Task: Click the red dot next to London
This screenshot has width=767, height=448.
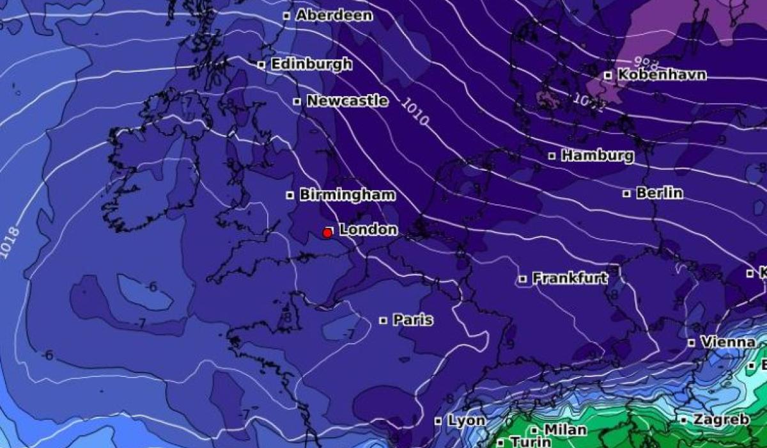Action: tap(327, 233)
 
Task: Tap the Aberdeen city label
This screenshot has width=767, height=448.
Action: tap(334, 15)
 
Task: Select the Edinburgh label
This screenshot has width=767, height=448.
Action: tap(311, 64)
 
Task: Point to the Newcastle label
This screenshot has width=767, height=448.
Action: tap(347, 101)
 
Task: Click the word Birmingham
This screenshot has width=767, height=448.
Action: tap(347, 195)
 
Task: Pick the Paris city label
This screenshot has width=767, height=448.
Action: tap(413, 320)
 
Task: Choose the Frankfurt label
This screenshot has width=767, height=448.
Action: tap(569, 278)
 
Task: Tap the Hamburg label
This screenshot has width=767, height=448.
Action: tap(598, 156)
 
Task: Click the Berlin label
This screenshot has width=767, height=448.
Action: tap(659, 193)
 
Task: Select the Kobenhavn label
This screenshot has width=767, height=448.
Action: tap(662, 75)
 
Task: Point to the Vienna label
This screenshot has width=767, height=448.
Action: tap(728, 342)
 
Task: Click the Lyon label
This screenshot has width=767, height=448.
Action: tap(466, 421)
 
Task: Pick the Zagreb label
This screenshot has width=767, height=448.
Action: tap(721, 420)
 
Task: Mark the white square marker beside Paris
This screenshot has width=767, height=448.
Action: tap(383, 320)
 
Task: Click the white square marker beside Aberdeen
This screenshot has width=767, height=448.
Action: tap(286, 15)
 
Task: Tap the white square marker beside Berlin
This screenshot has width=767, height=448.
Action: tap(627, 193)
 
